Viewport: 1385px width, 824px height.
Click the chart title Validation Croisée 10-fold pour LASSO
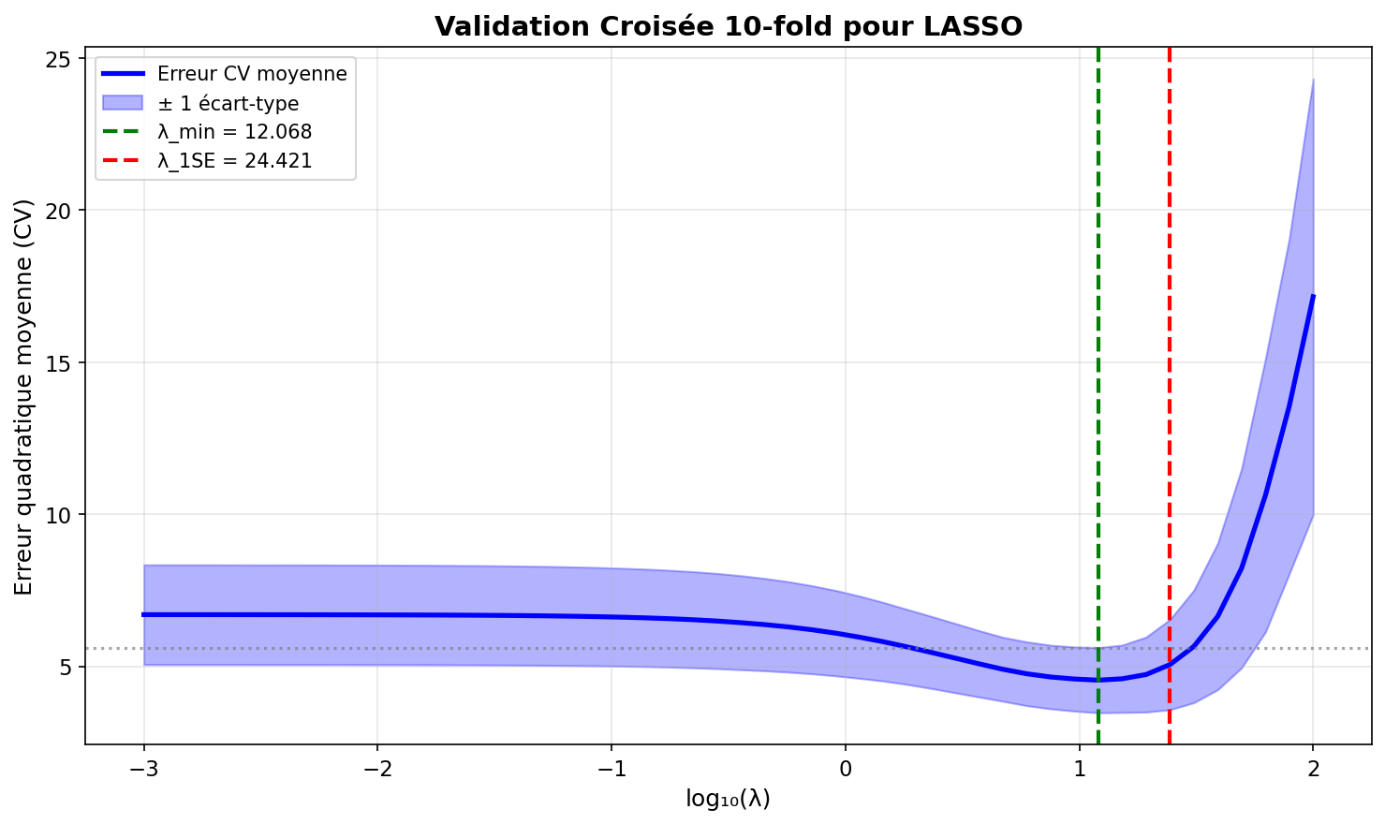(x=728, y=26)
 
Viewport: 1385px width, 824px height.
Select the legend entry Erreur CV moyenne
(x=252, y=74)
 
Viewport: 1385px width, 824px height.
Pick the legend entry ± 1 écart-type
(x=228, y=103)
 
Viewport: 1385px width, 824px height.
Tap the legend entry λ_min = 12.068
(x=234, y=132)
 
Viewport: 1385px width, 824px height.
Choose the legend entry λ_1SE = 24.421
(x=234, y=161)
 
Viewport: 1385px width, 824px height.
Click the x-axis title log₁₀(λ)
(x=728, y=799)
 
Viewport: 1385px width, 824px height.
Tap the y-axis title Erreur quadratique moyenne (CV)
(x=24, y=396)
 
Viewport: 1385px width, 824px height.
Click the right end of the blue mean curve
(x=1313, y=296)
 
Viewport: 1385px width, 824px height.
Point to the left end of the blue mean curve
(x=144, y=614)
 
